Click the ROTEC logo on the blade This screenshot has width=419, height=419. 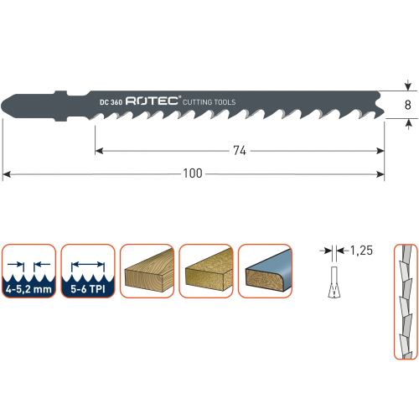(x=153, y=101)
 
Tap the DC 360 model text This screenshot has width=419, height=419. (x=111, y=102)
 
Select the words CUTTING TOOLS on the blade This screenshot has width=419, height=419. (x=209, y=102)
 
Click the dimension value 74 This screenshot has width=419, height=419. (x=240, y=151)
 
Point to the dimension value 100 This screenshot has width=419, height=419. (x=193, y=173)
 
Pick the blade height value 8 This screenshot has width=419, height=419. (x=408, y=105)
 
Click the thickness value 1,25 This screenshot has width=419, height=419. (x=361, y=251)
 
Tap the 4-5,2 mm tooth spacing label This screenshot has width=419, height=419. (x=28, y=289)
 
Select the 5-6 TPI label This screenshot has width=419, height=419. (x=88, y=289)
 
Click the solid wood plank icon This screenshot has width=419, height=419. (x=147, y=271)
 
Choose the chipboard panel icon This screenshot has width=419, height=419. (x=206, y=271)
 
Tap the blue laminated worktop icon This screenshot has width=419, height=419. (x=265, y=271)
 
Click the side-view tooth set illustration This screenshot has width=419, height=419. (x=406, y=302)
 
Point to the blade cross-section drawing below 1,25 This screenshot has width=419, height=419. (x=334, y=282)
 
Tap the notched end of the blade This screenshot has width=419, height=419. (x=380, y=105)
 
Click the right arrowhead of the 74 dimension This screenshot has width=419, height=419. (x=380, y=151)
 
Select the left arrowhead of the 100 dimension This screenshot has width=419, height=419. (x=7, y=174)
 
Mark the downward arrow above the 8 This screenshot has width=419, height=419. (x=408, y=85)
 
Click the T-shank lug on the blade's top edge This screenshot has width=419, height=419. (x=61, y=93)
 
